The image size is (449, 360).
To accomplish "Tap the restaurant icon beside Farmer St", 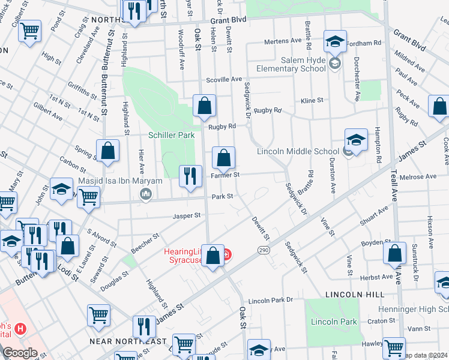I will point(191,176).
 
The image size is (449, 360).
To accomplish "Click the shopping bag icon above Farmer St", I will point(223,159).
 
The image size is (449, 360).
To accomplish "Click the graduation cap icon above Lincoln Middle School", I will point(356,140).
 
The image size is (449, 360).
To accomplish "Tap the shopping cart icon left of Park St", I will point(88,196).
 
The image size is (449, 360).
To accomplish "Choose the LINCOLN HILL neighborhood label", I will point(354,295).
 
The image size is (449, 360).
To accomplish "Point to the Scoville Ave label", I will point(223,79).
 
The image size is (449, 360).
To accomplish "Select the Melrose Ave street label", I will point(422,177).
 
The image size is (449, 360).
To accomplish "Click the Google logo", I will point(20,353).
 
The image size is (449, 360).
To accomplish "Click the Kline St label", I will point(312,100).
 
